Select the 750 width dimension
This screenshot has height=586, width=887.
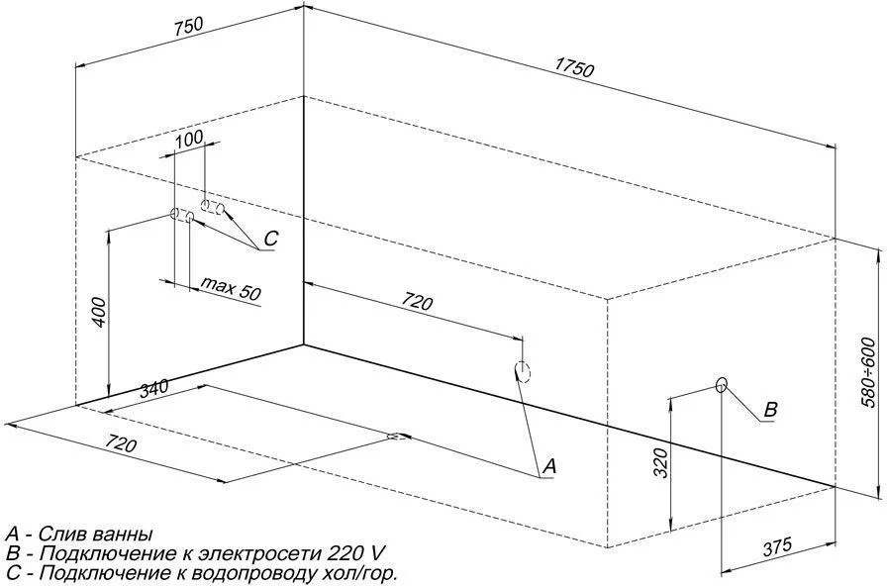tap(188, 27)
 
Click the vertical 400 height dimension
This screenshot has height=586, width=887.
tap(98, 312)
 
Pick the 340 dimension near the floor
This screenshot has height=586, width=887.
tap(153, 389)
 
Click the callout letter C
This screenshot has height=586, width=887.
tap(271, 239)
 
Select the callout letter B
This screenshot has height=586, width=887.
tap(770, 410)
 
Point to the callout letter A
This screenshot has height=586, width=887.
tap(549, 466)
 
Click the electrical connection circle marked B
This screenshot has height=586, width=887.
tap(721, 385)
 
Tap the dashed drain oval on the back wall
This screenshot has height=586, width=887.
tap(522, 371)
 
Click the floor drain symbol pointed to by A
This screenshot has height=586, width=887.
tap(399, 437)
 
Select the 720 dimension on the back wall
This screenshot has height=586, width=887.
tap(417, 303)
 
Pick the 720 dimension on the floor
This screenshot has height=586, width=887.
tap(121, 445)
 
